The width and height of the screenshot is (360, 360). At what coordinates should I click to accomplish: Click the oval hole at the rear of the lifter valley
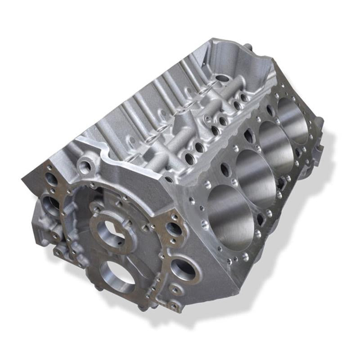tap(222, 78)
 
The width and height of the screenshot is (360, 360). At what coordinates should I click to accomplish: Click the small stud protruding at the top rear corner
tap(247, 46)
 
